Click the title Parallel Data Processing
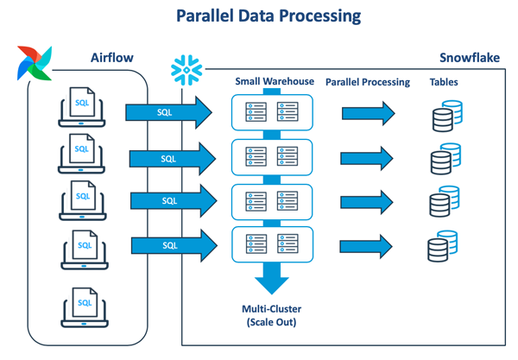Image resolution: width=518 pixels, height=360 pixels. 258,16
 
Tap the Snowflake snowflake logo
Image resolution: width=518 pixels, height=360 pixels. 186,69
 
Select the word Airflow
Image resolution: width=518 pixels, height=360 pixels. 114,58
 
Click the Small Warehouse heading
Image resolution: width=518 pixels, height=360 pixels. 273,81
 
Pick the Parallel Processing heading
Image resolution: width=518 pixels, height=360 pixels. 368,81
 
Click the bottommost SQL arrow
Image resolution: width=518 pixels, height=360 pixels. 172,246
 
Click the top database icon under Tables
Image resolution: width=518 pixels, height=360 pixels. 444,116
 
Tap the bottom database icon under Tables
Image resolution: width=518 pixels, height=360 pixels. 442,248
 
